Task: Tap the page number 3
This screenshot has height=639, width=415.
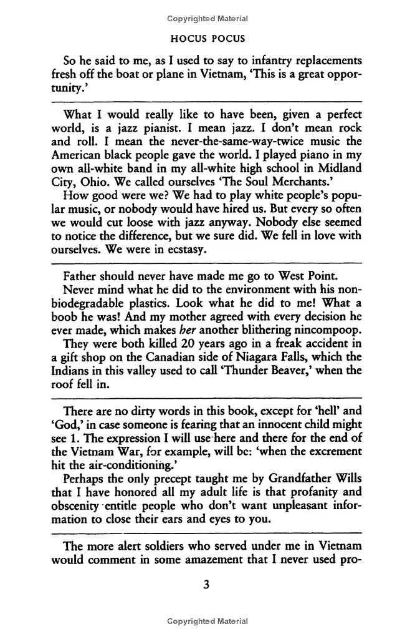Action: (207, 585)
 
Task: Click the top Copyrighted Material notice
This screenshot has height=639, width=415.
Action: (207, 19)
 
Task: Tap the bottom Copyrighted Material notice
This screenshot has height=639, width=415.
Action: (207, 621)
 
